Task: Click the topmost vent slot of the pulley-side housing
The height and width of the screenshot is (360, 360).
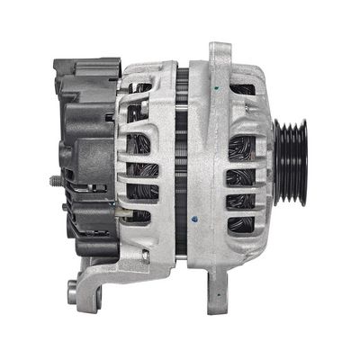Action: [x=243, y=90]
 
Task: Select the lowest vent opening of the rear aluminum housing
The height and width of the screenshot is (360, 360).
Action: [x=138, y=216]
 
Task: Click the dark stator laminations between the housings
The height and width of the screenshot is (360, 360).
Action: [x=182, y=162]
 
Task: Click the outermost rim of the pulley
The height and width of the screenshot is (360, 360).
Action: [x=305, y=162]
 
